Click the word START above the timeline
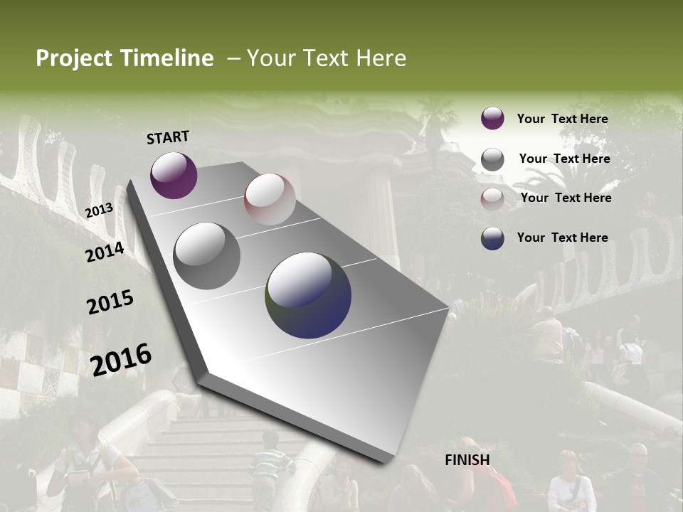tap(168, 137)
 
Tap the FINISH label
tap(467, 460)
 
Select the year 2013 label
tap(99, 210)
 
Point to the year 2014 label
tap(105, 252)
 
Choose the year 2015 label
tap(110, 302)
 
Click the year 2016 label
tap(121, 359)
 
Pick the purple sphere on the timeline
tap(174, 175)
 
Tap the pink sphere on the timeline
tap(270, 199)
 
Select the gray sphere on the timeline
tap(207, 256)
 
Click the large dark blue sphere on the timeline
tap(308, 295)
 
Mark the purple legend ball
tap(492, 118)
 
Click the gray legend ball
tap(492, 159)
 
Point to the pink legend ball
tap(492, 198)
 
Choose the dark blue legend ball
tap(492, 238)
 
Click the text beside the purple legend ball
tap(562, 119)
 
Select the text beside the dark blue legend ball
tap(562, 238)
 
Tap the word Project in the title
tap(74, 58)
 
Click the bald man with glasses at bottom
tap(637, 473)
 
